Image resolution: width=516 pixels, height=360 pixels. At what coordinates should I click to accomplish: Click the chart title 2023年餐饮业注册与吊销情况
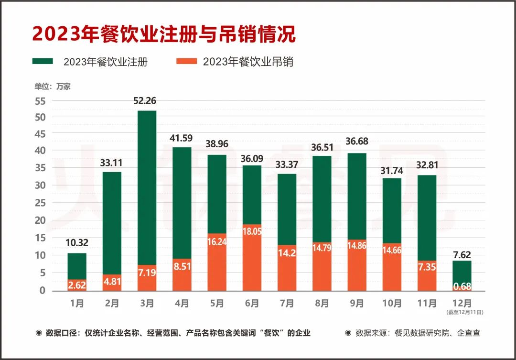pos(164,34)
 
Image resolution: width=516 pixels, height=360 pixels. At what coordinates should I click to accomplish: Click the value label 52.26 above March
pos(147,101)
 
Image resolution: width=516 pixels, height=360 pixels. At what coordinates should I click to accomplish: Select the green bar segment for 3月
pos(147,186)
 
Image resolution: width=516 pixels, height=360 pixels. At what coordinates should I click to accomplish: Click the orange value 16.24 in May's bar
pos(217,242)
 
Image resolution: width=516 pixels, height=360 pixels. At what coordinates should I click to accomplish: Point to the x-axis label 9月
pos(357,304)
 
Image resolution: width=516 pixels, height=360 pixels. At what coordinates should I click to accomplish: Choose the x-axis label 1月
pos(76,304)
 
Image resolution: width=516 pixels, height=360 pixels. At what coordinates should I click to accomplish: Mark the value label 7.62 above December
pos(462,255)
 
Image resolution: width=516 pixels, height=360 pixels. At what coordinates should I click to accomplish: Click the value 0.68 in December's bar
pos(462,286)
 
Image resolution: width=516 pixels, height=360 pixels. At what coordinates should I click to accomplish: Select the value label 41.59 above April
pos(182,139)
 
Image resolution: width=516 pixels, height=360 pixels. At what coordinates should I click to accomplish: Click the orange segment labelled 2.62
pos(76,285)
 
